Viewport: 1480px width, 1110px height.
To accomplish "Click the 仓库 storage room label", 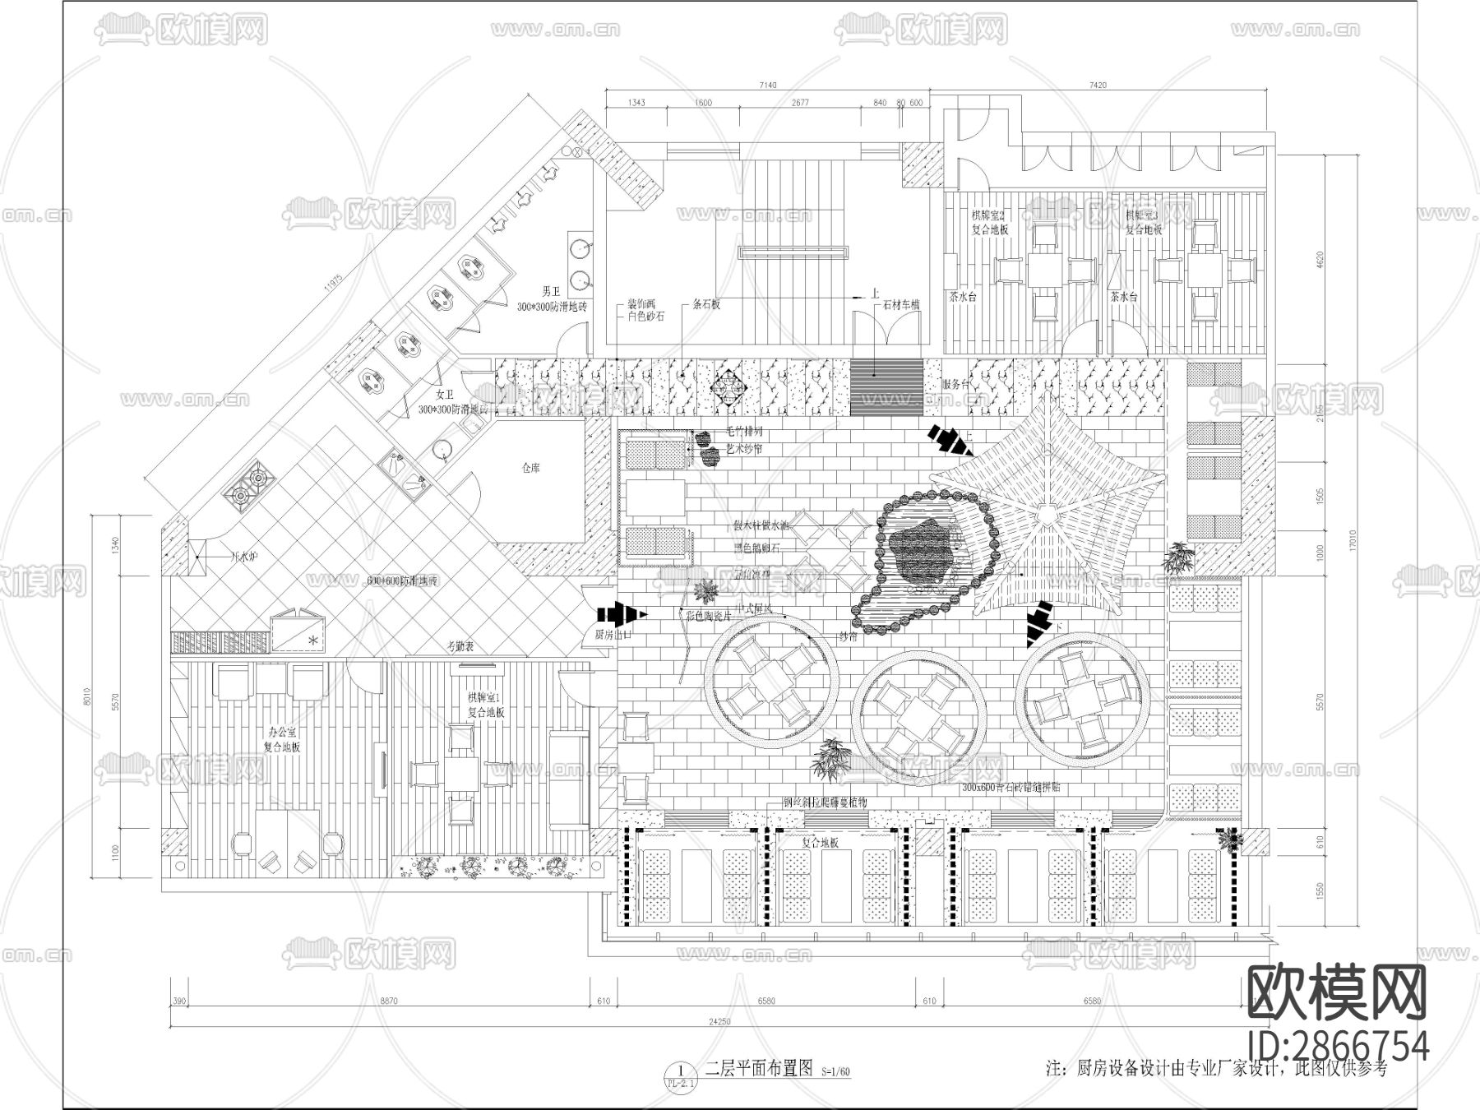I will [x=530, y=467].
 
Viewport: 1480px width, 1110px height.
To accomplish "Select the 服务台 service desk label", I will [x=956, y=384].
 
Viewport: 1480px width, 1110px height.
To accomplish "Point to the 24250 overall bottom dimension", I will [x=719, y=1022].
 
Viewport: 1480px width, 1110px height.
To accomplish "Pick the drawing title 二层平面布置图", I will [x=759, y=1068].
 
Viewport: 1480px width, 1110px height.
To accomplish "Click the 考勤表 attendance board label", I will [x=460, y=647].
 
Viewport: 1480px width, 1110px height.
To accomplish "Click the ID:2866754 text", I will [x=1338, y=1047].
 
